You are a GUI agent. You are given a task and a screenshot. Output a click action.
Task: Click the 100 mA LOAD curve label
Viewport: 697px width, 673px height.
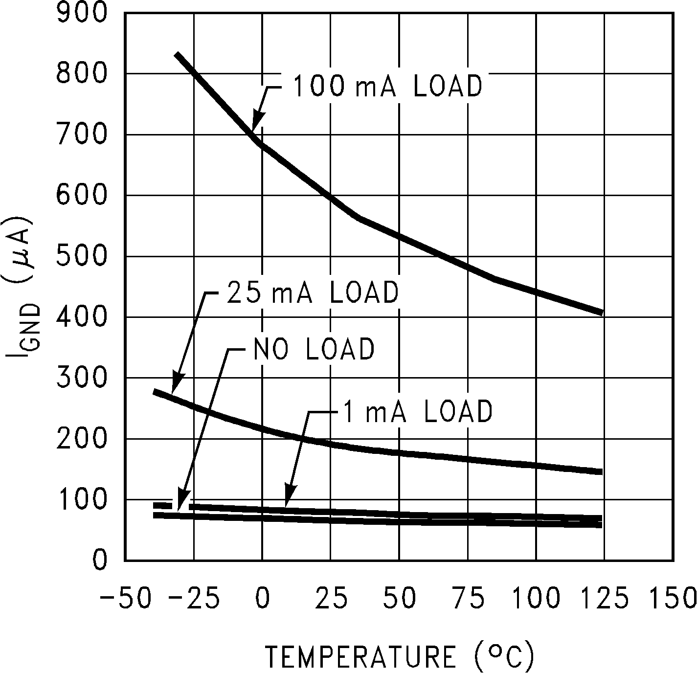coord(387,87)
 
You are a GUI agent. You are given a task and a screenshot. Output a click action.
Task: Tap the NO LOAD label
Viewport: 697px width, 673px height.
coord(314,349)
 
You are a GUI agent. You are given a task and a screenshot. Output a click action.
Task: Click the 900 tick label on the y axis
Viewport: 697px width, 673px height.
coord(82,13)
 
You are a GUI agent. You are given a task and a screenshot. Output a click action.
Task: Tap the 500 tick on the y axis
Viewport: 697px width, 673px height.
coord(82,256)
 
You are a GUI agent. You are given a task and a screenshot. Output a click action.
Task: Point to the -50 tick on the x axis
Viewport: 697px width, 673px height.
coord(125,598)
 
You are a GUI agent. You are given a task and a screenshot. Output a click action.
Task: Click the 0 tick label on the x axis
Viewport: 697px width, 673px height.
coord(263,598)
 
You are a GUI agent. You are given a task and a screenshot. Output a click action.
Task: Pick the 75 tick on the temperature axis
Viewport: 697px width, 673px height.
coord(468,598)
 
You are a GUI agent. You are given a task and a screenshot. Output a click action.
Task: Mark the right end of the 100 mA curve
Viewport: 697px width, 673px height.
coord(601,312)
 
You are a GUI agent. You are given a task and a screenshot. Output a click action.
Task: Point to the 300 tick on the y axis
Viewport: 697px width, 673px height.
coord(82,378)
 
